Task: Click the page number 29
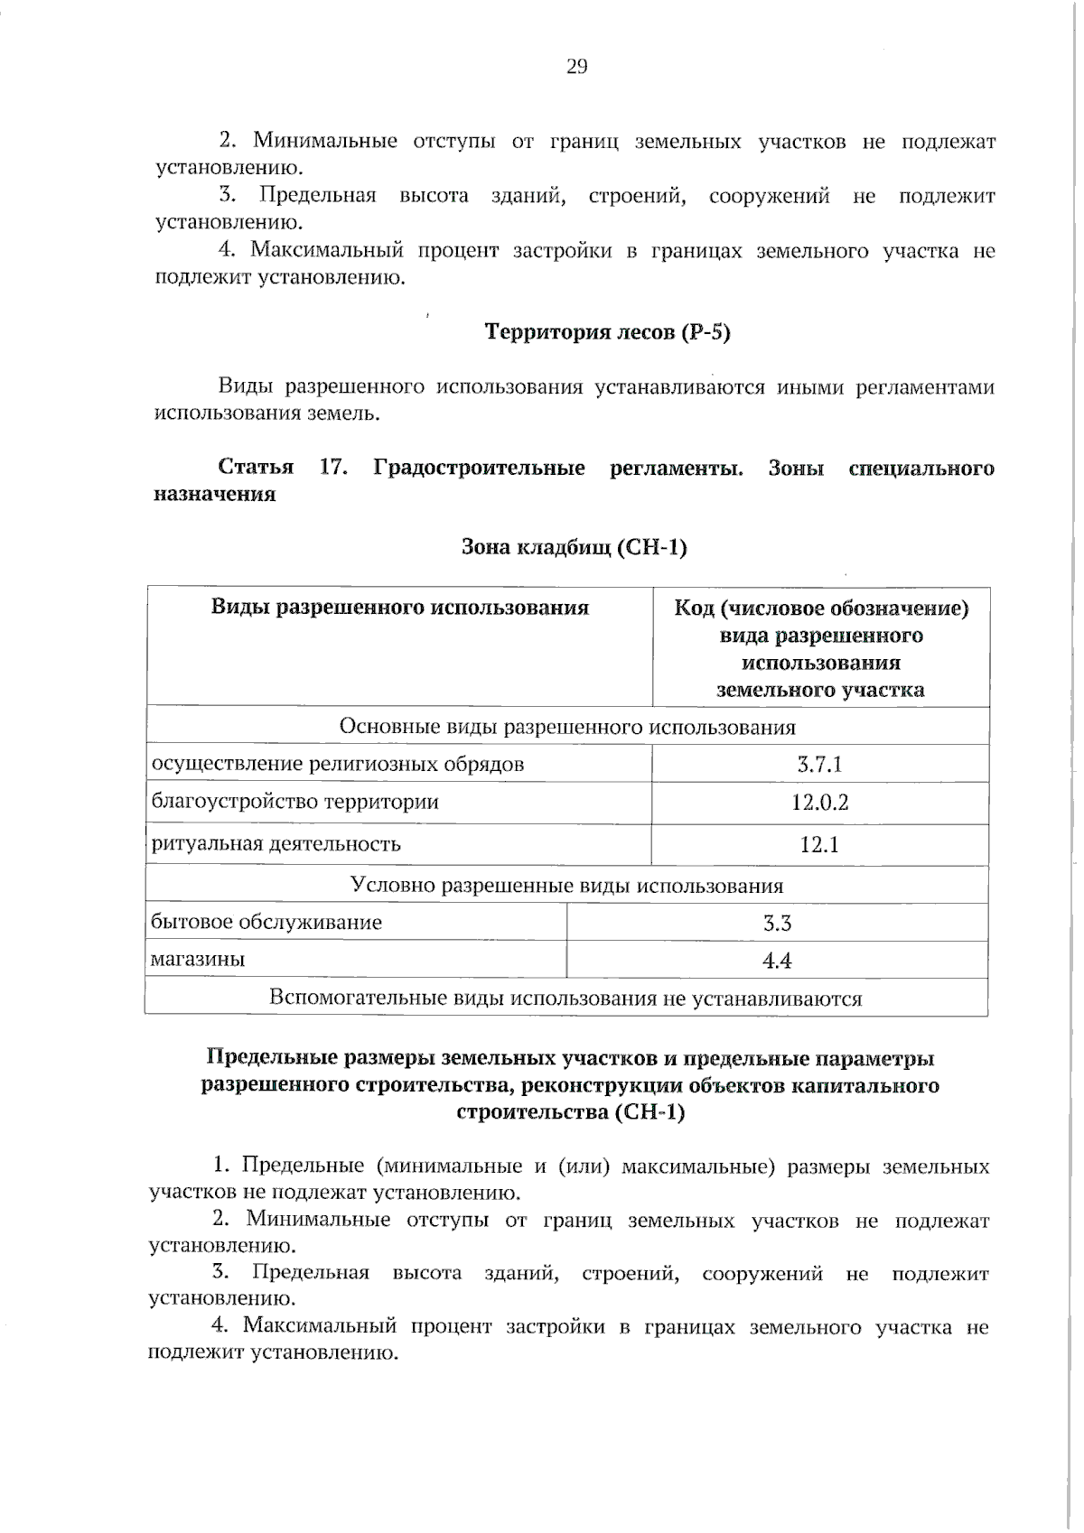pos(576,66)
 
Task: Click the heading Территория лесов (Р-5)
pos(608,332)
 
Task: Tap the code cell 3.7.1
pos(819,765)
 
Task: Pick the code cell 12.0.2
pos(819,802)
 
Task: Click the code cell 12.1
pos(819,845)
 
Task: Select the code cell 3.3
pos(777,923)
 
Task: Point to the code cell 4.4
pos(777,961)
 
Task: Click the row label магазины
pos(198,959)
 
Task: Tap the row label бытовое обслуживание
pos(266,922)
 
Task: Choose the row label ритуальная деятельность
pos(276,844)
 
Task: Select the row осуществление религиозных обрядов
pos(337,765)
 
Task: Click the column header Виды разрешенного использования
pos(399,607)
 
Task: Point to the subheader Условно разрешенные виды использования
pos(566,885)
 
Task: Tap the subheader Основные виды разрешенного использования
pos(566,727)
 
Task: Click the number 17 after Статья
pos(333,468)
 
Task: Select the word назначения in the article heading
pos(214,495)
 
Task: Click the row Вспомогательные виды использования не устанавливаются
pos(565,999)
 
